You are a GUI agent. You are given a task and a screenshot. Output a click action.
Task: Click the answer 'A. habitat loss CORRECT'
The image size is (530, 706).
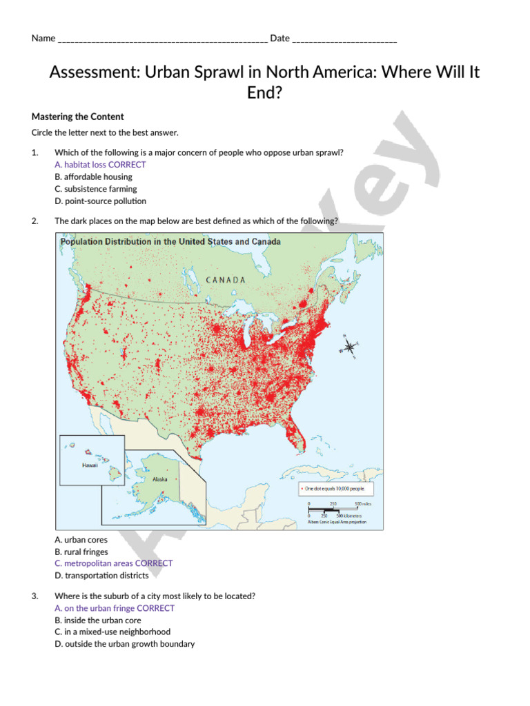(100, 165)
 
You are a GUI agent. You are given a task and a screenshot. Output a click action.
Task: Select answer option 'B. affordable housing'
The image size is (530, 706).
(93, 176)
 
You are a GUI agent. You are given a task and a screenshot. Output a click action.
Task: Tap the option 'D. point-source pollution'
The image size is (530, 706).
(100, 201)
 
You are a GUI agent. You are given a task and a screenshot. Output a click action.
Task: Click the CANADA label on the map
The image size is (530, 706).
(226, 280)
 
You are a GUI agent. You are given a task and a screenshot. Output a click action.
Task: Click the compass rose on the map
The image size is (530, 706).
(349, 346)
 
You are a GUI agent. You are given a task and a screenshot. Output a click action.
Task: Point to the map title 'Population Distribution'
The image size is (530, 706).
(170, 242)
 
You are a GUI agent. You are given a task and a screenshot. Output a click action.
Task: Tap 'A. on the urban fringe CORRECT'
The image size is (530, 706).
(114, 608)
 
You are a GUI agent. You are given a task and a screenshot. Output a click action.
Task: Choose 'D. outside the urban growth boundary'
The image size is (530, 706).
(124, 644)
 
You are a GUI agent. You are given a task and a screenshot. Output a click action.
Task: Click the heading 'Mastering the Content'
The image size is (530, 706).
(78, 117)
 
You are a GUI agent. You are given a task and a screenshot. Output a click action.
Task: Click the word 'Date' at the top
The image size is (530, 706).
(279, 39)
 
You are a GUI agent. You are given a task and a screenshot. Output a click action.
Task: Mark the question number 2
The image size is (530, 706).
(35, 221)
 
